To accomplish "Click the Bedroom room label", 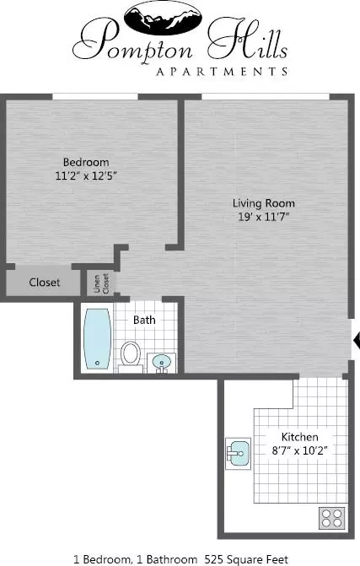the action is (86, 163).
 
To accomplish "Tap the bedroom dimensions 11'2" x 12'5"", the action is (86, 175).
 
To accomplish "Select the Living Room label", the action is (264, 203).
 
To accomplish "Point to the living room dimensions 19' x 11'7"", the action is (264, 217).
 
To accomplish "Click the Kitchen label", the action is (300, 437).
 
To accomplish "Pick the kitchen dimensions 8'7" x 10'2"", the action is (300, 450).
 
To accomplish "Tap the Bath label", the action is (144, 320).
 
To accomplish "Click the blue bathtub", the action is (97, 338).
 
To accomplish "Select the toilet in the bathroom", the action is (130, 357).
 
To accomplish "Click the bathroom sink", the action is (162, 363).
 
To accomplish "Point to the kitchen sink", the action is (239, 453).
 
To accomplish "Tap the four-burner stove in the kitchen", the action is (332, 519).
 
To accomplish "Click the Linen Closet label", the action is (101, 283).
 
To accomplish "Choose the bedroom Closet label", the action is (45, 283).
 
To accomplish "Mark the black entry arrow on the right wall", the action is (357, 340).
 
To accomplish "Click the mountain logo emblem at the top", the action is (163, 18).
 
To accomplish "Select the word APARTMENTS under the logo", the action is (222, 72).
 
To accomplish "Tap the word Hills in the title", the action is (248, 40).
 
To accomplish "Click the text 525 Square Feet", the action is (246, 559).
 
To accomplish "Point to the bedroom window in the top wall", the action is (95, 97).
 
